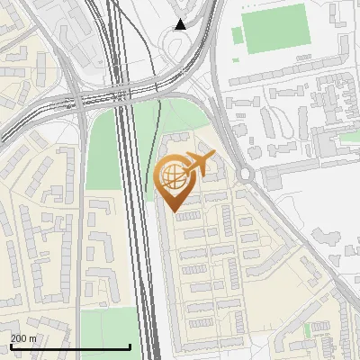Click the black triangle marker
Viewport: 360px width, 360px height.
click(x=181, y=24)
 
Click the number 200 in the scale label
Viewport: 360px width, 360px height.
click(x=19, y=338)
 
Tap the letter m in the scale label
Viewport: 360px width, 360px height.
click(x=33, y=338)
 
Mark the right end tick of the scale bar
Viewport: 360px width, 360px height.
click(x=130, y=346)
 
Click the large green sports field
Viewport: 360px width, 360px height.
click(x=275, y=28)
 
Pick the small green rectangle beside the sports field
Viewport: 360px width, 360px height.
click(x=238, y=36)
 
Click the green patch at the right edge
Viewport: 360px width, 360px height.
click(x=348, y=137)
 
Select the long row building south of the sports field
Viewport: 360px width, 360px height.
click(x=279, y=79)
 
